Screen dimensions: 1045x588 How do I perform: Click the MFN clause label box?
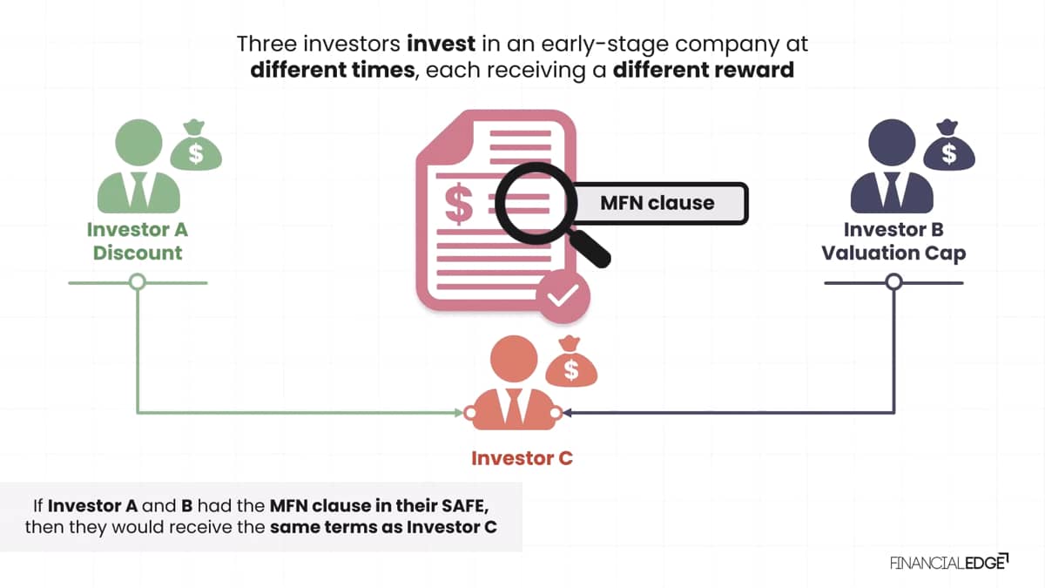pyautogui.click(x=658, y=203)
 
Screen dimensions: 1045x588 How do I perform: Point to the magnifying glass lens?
pyautogui.click(x=536, y=203)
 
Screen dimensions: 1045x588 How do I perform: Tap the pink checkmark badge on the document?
pyautogui.click(x=563, y=296)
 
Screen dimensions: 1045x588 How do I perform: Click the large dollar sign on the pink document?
pyautogui.click(x=459, y=204)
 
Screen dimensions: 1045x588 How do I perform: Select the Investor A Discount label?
pyautogui.click(x=138, y=241)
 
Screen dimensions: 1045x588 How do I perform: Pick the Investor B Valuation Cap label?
pyautogui.click(x=893, y=241)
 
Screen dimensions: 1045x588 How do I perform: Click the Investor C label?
pyautogui.click(x=522, y=458)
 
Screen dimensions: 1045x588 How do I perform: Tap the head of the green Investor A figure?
pyautogui.click(x=138, y=142)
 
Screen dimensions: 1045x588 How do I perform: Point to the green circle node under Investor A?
pyautogui.click(x=138, y=282)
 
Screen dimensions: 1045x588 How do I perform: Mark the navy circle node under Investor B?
pyautogui.click(x=893, y=282)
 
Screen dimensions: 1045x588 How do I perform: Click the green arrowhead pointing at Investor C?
pyautogui.click(x=459, y=413)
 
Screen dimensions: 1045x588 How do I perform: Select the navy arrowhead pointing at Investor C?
pyautogui.click(x=567, y=413)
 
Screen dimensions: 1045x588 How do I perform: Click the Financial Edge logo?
pyautogui.click(x=949, y=563)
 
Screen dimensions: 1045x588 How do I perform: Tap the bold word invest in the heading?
pyautogui.click(x=441, y=44)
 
